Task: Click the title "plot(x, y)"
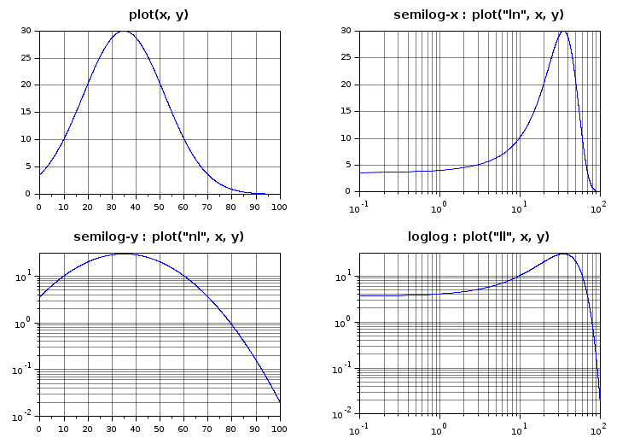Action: tap(159, 15)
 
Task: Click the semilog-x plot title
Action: tap(478, 15)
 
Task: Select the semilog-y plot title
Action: tap(159, 237)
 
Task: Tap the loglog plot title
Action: tap(478, 237)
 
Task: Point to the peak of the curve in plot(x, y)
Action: tap(124, 31)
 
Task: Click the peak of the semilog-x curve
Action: tap(563, 31)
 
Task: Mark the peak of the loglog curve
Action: tap(563, 254)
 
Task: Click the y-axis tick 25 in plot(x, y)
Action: tap(27, 57)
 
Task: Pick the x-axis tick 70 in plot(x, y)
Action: tap(207, 206)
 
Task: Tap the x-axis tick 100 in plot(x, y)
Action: tap(279, 206)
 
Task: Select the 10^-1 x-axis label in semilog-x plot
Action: tap(359, 206)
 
